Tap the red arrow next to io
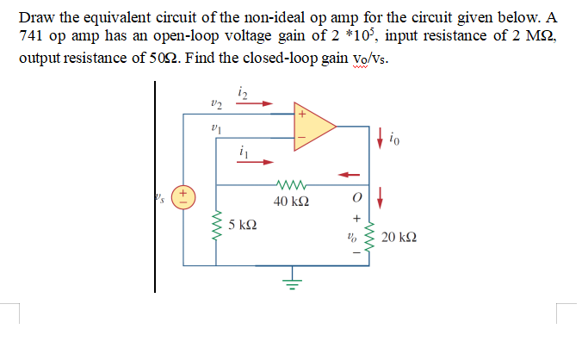pos(380,133)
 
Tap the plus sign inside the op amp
pos(302,113)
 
